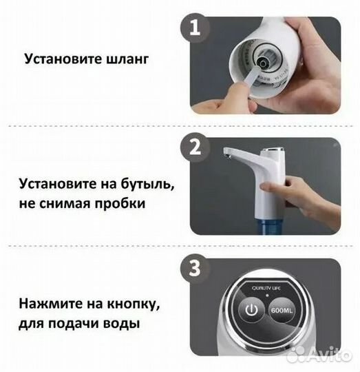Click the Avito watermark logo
320,354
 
